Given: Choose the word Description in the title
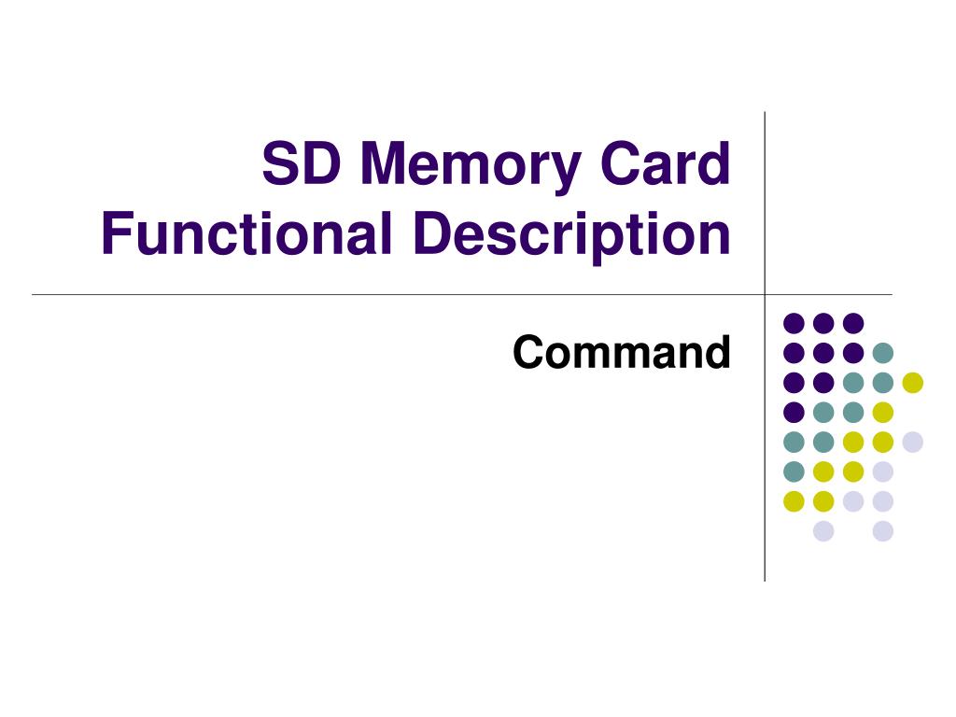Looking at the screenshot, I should pos(571,235).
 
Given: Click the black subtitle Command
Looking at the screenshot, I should pos(621,353).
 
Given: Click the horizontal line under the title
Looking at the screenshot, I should pos(373,295).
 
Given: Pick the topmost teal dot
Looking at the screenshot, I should pos(882,353).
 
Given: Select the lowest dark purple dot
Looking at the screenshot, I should pos(794,412).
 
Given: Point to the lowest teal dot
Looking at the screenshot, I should pos(794,471).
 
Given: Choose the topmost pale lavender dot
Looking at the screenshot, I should pos(912,442).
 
